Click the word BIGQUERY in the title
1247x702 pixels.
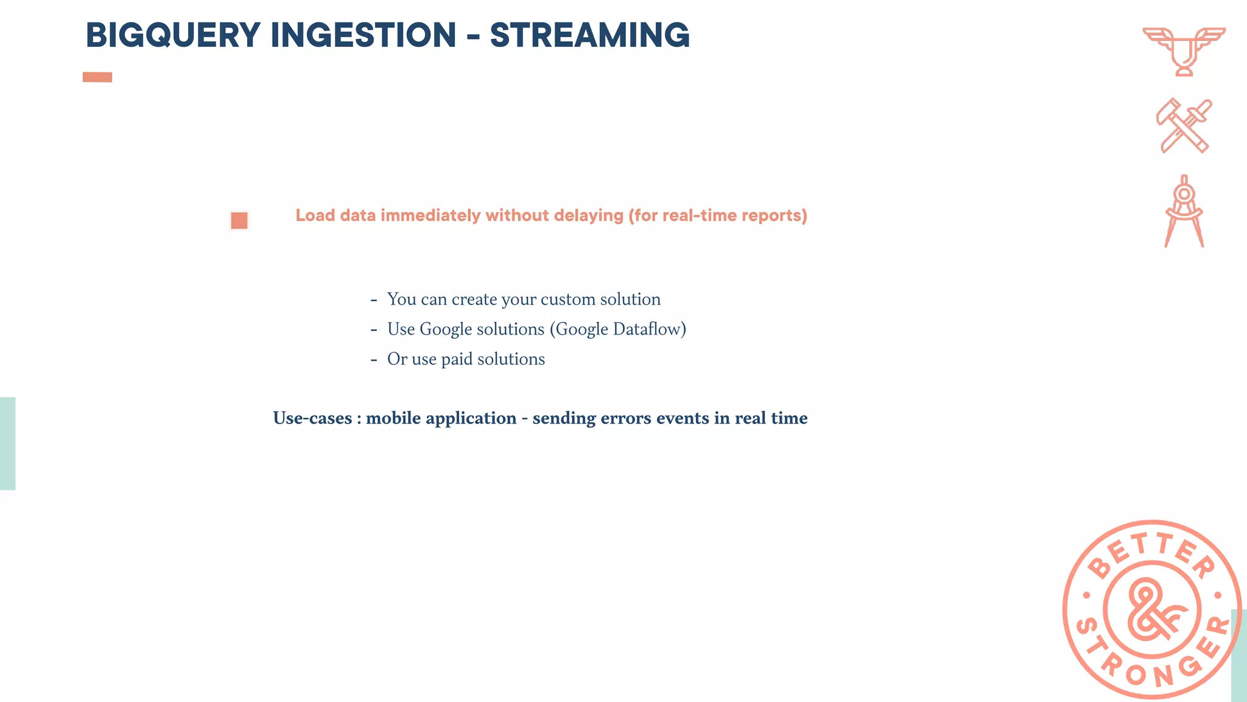pos(173,35)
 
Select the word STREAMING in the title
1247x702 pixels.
pos(589,35)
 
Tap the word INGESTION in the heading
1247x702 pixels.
pos(363,35)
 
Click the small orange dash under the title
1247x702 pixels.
pos(97,77)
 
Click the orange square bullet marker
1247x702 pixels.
pos(239,220)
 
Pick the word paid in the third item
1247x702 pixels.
pos(457,359)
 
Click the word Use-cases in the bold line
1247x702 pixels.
pos(312,418)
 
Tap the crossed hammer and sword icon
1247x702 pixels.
pos(1184,126)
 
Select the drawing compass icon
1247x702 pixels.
pos(1184,211)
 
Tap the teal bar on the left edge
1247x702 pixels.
pos(7,443)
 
